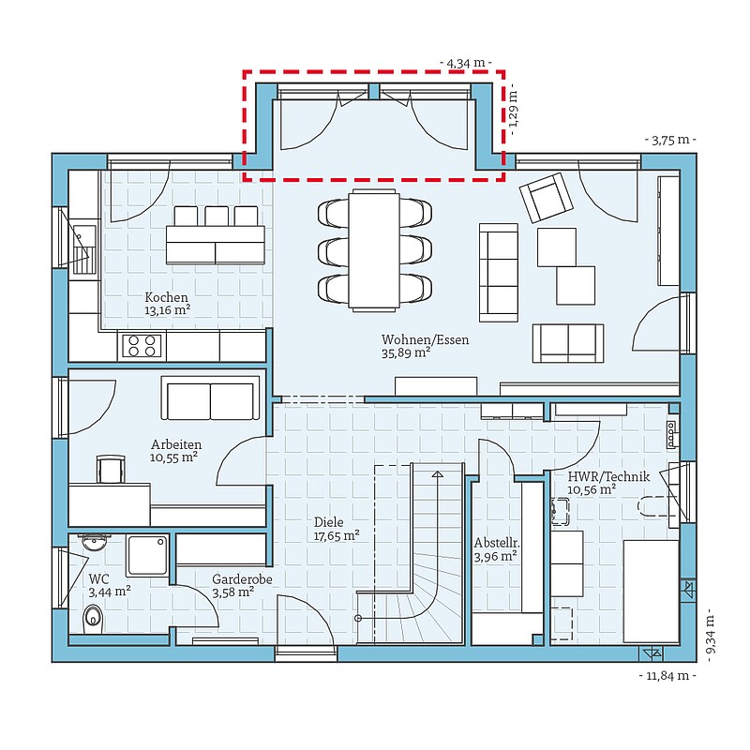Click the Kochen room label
click(x=167, y=297)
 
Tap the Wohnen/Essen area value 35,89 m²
click(x=406, y=353)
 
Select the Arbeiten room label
click(x=176, y=443)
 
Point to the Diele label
click(x=329, y=522)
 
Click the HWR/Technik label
click(x=608, y=476)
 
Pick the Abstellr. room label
click(x=497, y=544)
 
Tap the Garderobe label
click(x=242, y=579)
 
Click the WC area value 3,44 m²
click(x=110, y=592)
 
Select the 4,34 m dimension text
click(x=465, y=63)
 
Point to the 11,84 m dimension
click(x=667, y=675)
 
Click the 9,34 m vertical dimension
click(x=712, y=636)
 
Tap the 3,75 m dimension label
click(x=670, y=140)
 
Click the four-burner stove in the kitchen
click(x=142, y=346)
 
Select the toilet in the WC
click(x=93, y=619)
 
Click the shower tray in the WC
click(x=148, y=555)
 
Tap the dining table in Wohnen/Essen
click(x=374, y=250)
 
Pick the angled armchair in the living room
click(x=547, y=198)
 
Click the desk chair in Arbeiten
click(x=111, y=469)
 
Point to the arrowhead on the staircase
click(x=437, y=474)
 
